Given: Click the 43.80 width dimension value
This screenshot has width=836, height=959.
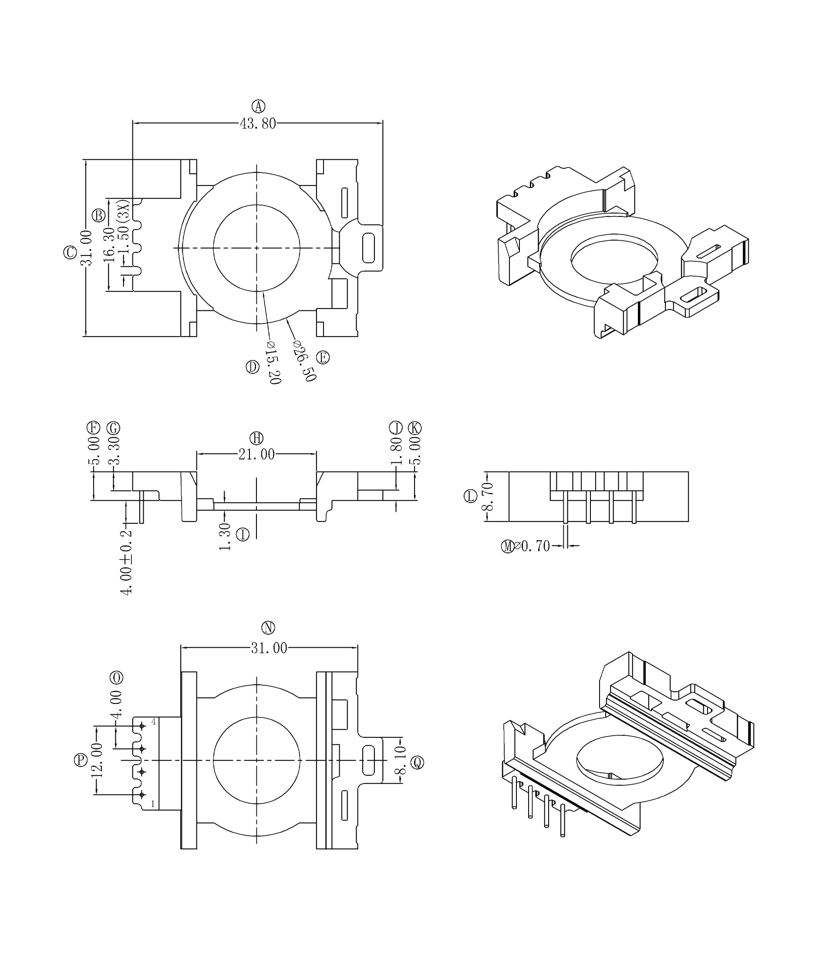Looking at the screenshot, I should (257, 124).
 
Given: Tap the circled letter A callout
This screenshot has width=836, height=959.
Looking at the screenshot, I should (259, 106).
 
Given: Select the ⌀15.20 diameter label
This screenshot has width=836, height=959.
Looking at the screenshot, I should (273, 363).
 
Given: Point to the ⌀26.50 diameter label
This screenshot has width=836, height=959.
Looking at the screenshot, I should (305, 360).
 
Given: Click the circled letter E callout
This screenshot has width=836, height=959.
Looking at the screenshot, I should (323, 358).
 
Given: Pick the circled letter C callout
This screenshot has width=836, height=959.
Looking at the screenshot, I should (70, 252).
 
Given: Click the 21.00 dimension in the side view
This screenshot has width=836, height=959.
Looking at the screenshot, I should (256, 454).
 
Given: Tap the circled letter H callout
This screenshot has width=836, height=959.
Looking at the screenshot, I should (256, 438).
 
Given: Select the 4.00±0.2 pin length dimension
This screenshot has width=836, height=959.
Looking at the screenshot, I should (127, 562).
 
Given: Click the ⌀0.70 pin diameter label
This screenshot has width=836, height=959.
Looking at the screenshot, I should (532, 546).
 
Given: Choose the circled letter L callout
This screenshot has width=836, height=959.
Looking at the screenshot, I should (470, 496).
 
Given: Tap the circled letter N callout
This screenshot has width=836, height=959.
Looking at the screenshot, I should (268, 628).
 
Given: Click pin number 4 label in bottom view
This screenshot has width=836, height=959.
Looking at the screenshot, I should (153, 723).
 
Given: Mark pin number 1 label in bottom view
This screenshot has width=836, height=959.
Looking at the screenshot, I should (152, 804).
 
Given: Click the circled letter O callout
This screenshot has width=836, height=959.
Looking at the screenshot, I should (116, 677).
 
